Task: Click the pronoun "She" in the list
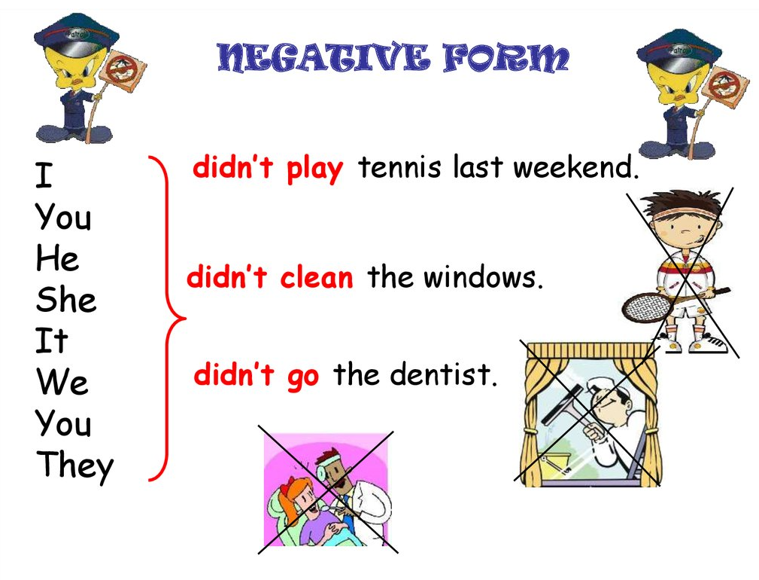point(66,300)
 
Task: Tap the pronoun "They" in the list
point(75,466)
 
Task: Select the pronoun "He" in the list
point(57,258)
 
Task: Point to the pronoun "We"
point(62,382)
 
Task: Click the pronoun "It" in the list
point(51,340)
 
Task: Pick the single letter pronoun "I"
point(44,176)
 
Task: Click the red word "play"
point(314,169)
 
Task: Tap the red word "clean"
point(317,277)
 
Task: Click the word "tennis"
point(400,167)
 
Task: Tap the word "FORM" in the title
point(506,58)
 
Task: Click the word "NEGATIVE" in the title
point(323,58)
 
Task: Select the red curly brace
point(167,319)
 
